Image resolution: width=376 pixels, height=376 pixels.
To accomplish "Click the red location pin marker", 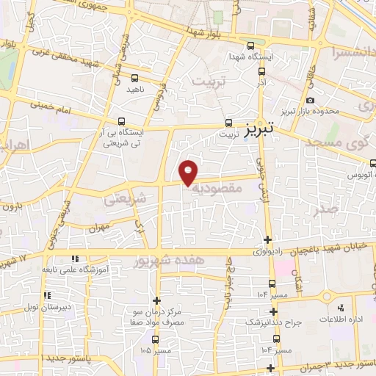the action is point(189,172).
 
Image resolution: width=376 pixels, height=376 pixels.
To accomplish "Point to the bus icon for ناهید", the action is point(135,76).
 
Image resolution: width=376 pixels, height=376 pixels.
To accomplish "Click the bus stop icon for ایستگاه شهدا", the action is point(252,44).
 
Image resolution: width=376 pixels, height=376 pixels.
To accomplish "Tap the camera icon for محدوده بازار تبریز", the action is point(310,100).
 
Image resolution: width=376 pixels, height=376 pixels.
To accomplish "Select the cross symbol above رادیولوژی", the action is point(268,239).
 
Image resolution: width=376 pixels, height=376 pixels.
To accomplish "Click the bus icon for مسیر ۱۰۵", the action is point(155,339).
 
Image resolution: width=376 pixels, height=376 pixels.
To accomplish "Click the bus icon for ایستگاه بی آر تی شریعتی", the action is point(122,121).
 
